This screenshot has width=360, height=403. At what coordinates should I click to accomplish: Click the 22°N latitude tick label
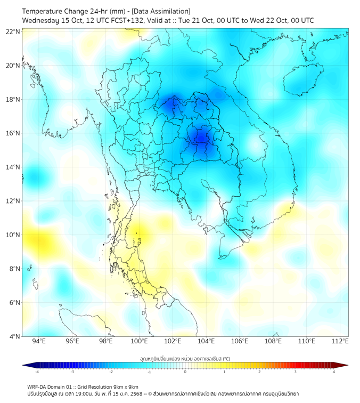13,32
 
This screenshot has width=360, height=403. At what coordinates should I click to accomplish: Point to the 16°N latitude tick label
13,133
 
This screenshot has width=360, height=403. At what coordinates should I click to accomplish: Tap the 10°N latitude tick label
13,235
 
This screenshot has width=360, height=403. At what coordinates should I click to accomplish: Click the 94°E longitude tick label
39,341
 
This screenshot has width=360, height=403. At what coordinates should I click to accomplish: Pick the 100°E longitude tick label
139,341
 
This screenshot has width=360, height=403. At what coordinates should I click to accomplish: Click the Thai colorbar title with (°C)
185,358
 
